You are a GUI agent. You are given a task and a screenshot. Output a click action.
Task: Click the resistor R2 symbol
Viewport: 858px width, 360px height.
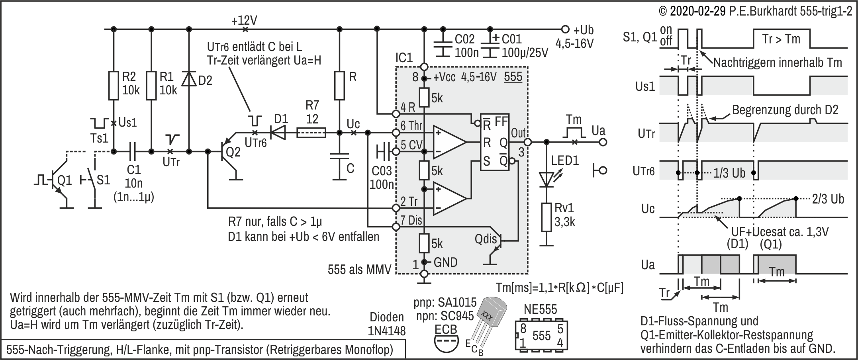pos(114,85)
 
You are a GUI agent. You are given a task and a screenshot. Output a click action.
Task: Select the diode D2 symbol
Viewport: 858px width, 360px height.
pos(189,79)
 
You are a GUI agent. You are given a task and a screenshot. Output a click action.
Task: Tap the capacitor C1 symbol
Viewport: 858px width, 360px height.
pos(133,151)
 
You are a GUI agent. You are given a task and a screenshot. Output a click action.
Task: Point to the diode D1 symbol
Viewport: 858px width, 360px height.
pos(279,133)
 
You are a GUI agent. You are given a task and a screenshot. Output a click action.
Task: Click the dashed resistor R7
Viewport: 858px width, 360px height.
pos(311,133)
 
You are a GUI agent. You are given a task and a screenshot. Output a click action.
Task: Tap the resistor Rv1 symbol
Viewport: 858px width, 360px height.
pos(547,217)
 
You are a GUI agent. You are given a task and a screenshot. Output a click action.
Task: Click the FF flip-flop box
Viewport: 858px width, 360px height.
pos(494,142)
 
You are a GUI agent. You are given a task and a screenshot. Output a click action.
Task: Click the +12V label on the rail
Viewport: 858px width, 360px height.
pos(244,20)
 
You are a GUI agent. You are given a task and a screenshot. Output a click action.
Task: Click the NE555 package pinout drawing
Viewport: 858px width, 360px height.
pos(541,335)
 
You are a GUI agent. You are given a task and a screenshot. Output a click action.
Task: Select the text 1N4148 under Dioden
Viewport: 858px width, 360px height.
pos(388,331)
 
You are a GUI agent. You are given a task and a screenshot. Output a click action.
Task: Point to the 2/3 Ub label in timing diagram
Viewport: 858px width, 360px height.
pos(828,199)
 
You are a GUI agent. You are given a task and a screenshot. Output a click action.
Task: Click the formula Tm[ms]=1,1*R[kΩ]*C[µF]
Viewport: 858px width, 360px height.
pos(559,288)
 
